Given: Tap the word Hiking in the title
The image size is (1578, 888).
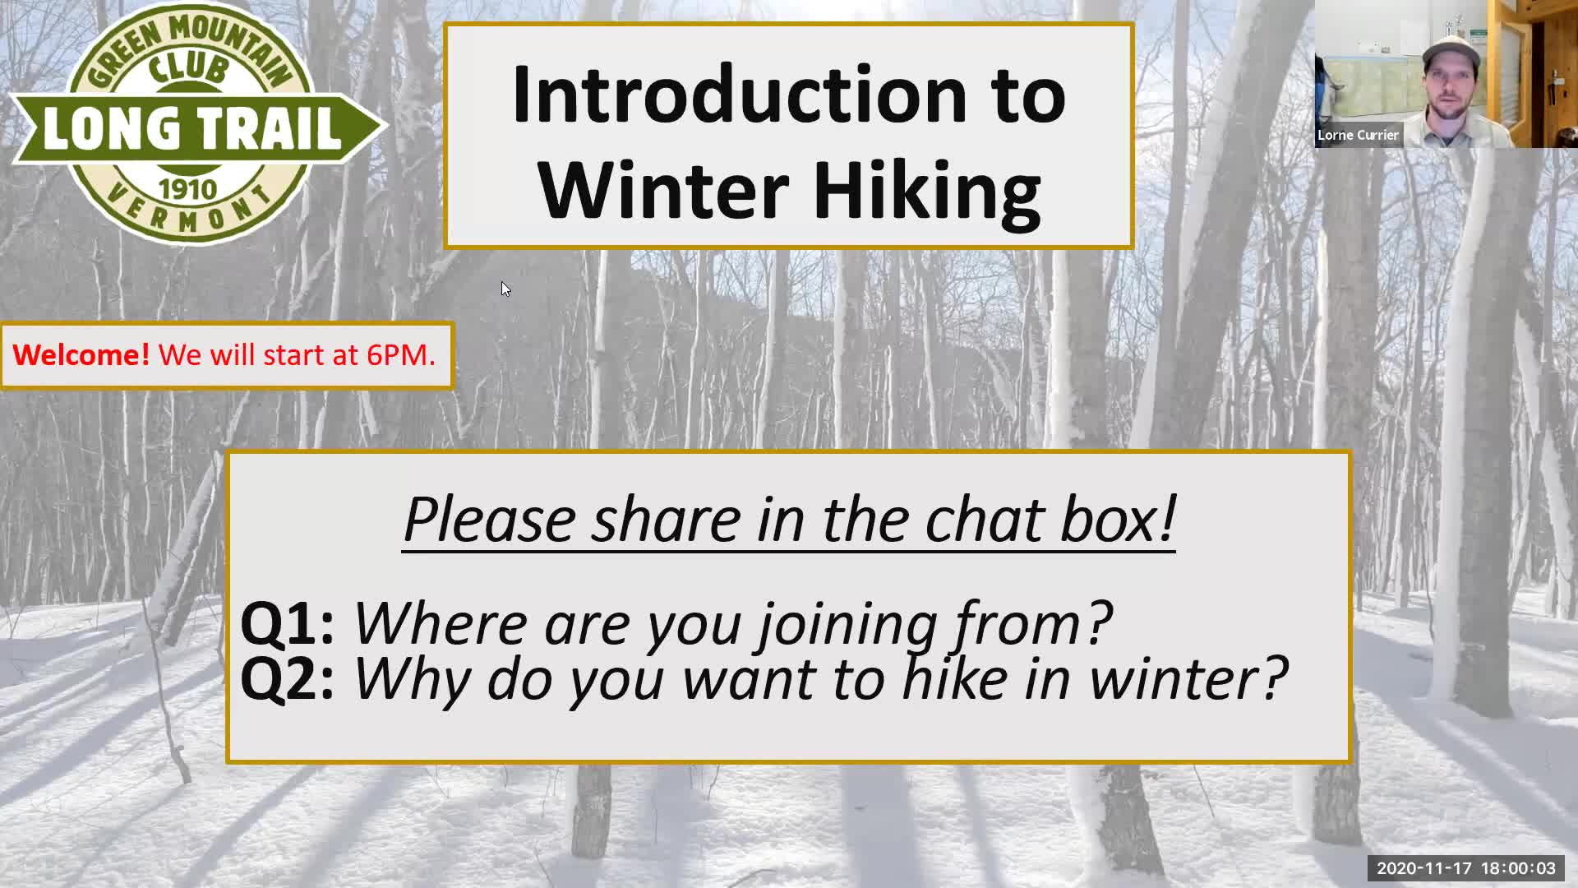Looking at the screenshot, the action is pos(926,191).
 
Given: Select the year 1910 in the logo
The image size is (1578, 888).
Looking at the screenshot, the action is pos(188,189).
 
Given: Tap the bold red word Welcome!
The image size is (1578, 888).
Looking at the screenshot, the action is pos(81,354).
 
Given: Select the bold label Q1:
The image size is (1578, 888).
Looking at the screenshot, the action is pos(288,622).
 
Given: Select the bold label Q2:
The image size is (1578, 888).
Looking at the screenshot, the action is pos(288,678).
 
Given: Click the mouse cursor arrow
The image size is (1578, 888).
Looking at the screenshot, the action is pos(505,289).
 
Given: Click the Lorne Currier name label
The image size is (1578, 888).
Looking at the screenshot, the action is pos(1358,135).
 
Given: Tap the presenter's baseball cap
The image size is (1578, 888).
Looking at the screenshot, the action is pos(1451,51).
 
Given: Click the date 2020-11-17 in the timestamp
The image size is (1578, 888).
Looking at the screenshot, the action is pos(1424,868).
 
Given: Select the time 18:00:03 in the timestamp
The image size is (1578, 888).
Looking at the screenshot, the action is pos(1518,868).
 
